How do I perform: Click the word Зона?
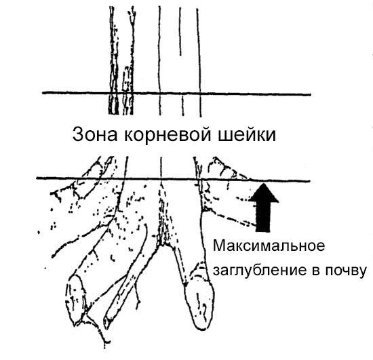pos(95,135)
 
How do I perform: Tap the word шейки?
pos(248,135)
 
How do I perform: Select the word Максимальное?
pos(269,245)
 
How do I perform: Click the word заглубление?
pos(259,271)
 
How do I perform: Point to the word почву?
pos(346,271)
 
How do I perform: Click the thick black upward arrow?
pos(264,207)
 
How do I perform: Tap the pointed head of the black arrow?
pos(264,193)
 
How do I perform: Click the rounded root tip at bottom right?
pos(201,304)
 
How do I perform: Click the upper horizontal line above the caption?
pos(176,94)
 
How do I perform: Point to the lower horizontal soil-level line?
pos(173,180)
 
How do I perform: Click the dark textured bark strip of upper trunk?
pos(113,60)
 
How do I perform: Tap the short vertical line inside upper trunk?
pos(180,31)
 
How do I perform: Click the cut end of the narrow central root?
pos(107,322)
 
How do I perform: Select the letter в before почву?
pos(316,272)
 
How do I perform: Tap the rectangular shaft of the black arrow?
pos(263,216)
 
